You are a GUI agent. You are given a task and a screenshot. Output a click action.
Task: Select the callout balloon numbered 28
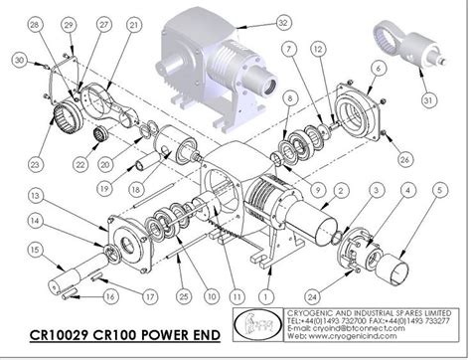tap(36, 23)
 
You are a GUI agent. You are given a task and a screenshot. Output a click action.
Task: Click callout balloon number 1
tap(264, 293)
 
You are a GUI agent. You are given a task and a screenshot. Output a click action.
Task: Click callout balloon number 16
tap(110, 295)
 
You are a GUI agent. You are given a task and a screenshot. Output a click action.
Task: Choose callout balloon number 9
tap(319, 188)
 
